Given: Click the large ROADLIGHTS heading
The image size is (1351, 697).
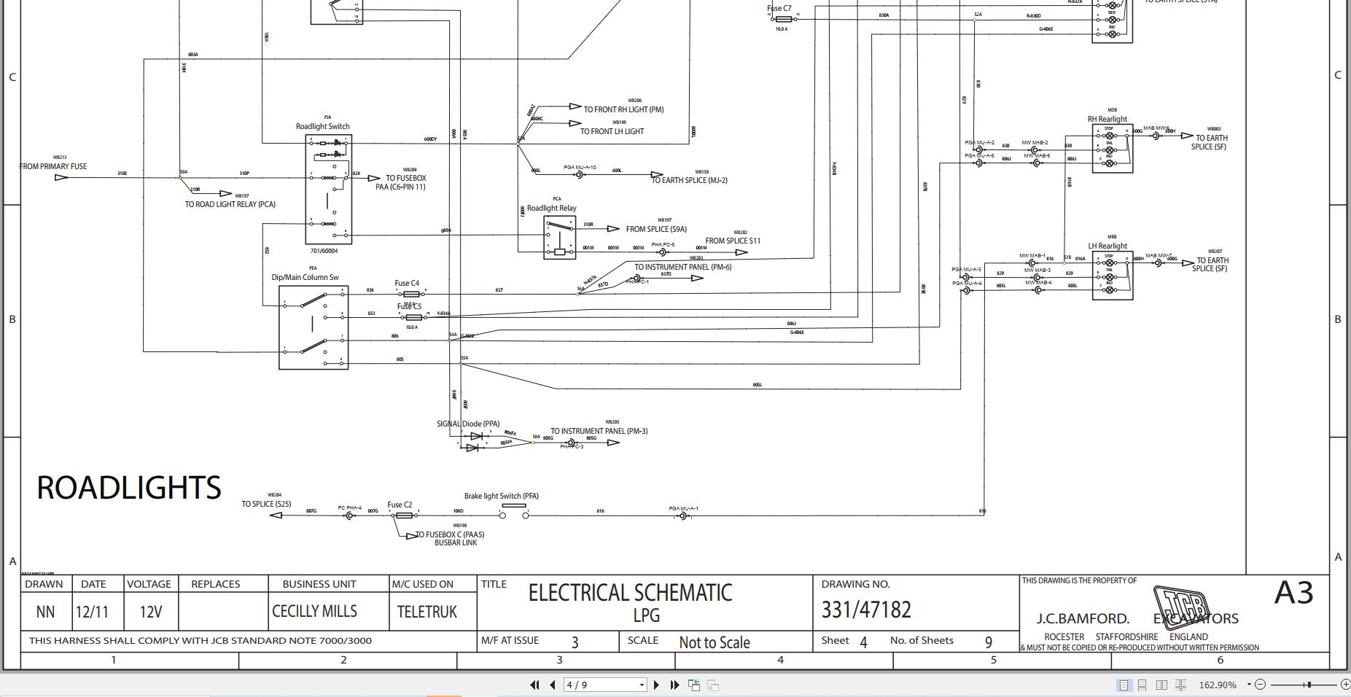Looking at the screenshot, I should point(129,488).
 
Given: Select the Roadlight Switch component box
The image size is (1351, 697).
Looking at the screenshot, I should point(328,189).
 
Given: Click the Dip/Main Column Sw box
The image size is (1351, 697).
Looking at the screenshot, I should point(314,327).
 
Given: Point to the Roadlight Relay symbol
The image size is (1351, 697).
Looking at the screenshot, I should point(558,238).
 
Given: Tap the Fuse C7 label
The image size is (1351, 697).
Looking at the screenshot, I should point(779,9).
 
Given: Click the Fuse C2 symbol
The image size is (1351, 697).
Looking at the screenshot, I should point(403,515).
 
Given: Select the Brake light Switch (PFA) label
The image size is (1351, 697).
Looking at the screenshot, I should point(501,496).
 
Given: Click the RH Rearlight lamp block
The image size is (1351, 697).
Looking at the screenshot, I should point(1112,149).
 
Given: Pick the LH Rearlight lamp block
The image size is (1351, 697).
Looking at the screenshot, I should point(1112,276).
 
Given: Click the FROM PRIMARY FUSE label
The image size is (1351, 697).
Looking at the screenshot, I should point(53,166).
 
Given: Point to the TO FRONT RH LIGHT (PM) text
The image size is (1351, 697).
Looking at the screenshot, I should point(623,109).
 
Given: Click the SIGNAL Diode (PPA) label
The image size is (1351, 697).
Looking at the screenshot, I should point(468,424).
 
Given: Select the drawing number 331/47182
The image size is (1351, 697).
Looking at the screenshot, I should point(866,610).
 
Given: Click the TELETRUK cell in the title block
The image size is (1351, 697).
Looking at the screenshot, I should point(427,612).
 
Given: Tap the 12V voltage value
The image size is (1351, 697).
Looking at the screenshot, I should point(150,612).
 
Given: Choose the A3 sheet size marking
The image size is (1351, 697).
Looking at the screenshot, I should point(1293,593).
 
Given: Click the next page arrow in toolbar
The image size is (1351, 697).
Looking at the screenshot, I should point(656,685).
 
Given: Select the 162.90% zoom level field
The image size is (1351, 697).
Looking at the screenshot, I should point(1217,685).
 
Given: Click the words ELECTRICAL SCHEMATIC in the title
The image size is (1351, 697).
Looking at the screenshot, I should point(630,593).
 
